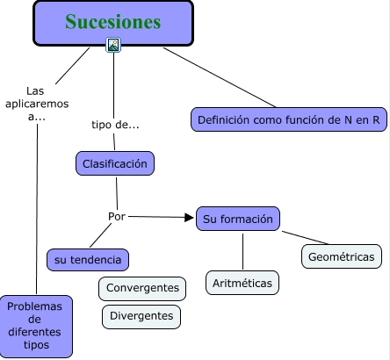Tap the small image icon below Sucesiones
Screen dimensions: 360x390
[112, 45]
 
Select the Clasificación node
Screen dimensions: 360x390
[116, 163]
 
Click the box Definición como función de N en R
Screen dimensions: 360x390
[289, 119]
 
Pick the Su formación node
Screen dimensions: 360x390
[238, 219]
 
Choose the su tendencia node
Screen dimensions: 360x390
[88, 260]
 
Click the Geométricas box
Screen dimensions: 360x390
[342, 256]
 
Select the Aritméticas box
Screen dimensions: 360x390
[243, 283]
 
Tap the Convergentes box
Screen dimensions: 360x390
[142, 288]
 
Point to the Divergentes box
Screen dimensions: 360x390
[141, 315]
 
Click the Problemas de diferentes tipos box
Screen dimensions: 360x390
[36, 326]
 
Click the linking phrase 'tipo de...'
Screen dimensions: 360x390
[116, 124]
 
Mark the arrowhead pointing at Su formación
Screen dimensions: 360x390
[189, 218]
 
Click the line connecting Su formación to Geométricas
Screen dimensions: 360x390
[306, 237]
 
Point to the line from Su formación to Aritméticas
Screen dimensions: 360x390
[243, 251]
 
